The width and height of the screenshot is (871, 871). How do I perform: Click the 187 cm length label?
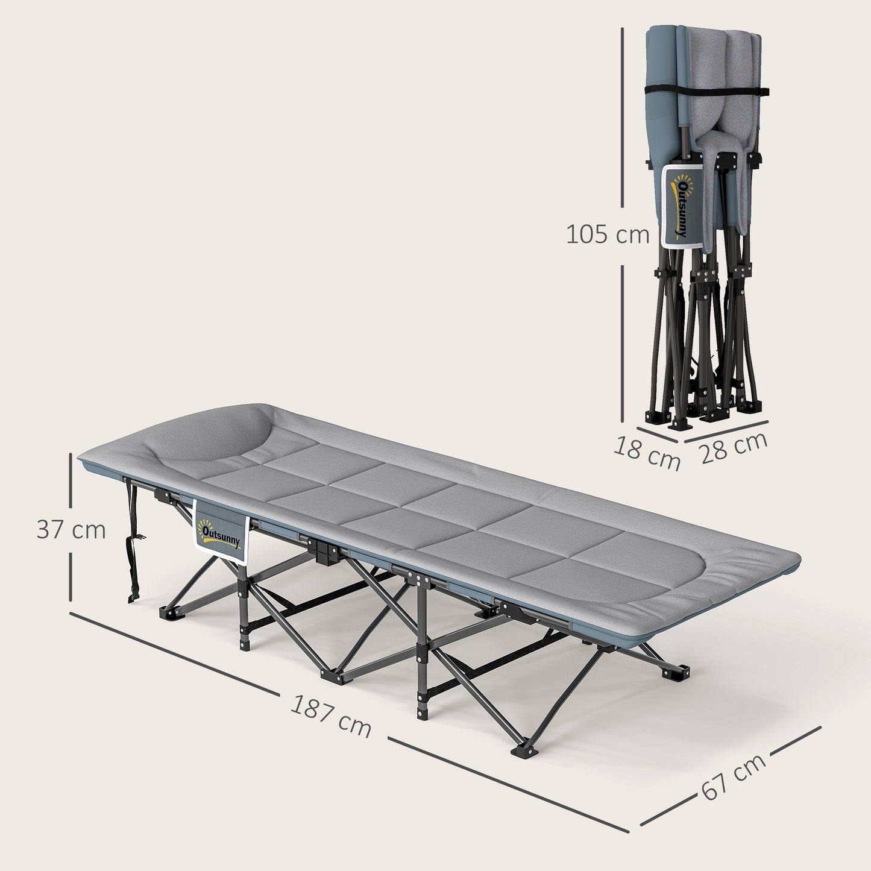(330, 715)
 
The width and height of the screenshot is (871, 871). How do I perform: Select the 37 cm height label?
(71, 530)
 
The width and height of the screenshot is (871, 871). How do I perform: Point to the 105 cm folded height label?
(608, 234)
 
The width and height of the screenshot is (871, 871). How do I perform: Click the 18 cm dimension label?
(647, 454)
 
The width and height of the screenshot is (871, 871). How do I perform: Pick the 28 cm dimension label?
(734, 447)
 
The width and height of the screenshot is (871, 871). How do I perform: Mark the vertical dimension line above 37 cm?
(71, 482)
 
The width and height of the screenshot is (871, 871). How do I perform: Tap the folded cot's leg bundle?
(705, 338)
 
